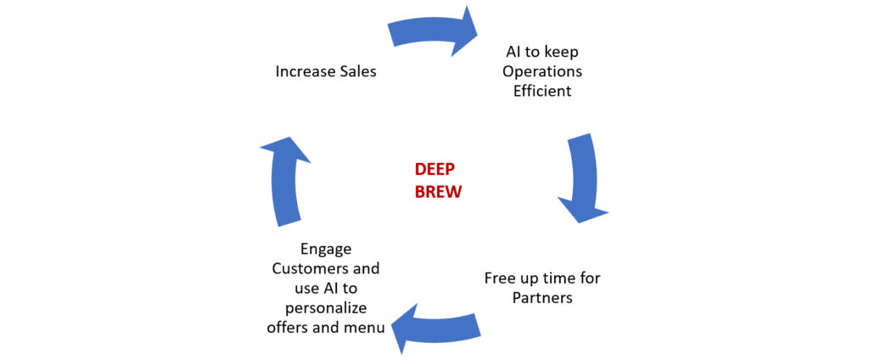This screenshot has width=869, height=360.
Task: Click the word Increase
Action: (x=303, y=72)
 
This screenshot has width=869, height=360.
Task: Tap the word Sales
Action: (x=356, y=72)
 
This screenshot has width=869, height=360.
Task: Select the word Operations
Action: (x=542, y=71)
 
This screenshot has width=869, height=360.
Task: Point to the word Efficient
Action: (x=542, y=90)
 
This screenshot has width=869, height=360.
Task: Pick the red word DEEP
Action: (x=434, y=170)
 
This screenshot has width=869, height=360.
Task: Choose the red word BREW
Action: (x=438, y=192)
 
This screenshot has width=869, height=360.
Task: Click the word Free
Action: (x=500, y=278)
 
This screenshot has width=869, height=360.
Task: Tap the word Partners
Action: (x=542, y=298)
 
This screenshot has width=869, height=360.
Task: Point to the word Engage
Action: (x=327, y=249)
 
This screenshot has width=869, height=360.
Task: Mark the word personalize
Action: (x=326, y=307)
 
